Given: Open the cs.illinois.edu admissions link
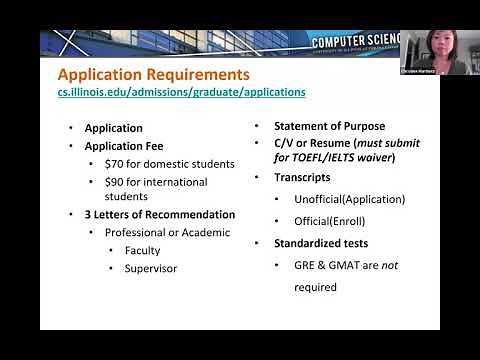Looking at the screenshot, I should tap(181, 92).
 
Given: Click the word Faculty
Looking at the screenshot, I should tap(142, 250).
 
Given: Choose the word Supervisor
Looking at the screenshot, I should tap(150, 268).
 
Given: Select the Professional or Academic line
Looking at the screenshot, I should tap(167, 232).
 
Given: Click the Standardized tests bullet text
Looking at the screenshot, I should tap(322, 243).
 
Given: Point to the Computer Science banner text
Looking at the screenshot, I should tap(355, 42).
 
